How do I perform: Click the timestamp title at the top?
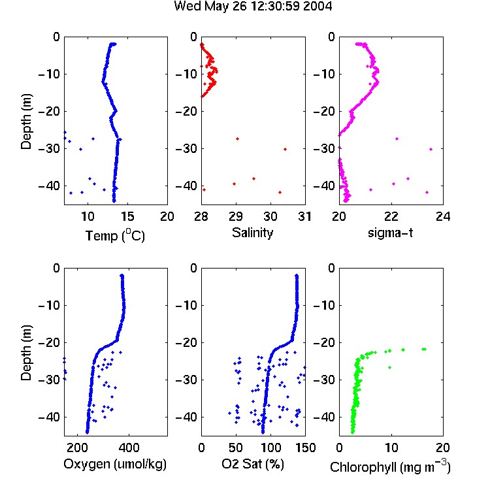pos(253,6)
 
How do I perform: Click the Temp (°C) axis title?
pos(115,235)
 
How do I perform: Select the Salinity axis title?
pos(252,233)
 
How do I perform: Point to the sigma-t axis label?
pos(390,233)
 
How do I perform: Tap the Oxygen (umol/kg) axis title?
pos(115,464)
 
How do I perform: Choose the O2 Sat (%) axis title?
pos(253,464)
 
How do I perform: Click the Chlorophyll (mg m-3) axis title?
pos(390,466)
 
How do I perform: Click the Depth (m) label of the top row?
pos(26,122)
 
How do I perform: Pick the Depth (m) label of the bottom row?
pos(26,353)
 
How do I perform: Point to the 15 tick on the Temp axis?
pos(127,216)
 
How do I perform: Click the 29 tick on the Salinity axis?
pos(236,216)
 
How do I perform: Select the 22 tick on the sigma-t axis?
pos(391,216)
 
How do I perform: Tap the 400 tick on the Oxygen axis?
pos(129,448)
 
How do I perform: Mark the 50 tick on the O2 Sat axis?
pos(236,448)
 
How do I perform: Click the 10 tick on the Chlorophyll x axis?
pos(391,448)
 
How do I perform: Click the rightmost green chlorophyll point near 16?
pos(425,349)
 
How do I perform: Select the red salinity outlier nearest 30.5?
pos(285,150)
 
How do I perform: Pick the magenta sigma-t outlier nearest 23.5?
pos(431,150)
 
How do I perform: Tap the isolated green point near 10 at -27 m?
pos(389,367)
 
